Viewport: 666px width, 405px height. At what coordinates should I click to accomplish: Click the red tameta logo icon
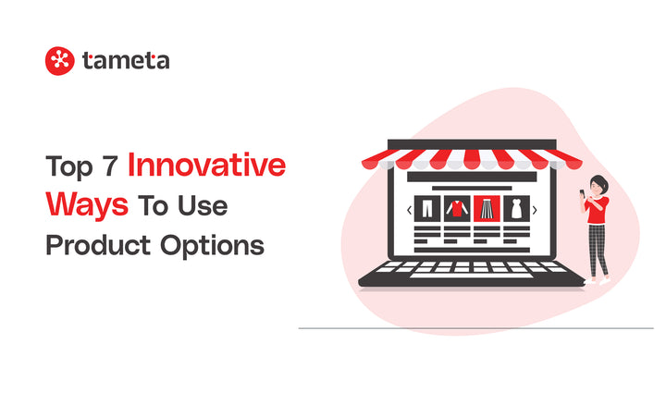tap(59, 61)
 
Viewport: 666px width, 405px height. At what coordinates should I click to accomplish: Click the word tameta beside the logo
tap(125, 61)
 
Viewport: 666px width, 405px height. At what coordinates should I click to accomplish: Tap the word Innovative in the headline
tap(207, 166)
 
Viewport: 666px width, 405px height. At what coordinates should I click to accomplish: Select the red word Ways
tap(87, 206)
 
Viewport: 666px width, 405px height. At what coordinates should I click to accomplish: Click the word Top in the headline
tap(68, 167)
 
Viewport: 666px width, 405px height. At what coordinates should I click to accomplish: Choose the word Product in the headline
tap(97, 247)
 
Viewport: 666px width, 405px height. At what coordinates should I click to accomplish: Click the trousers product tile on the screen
tap(428, 210)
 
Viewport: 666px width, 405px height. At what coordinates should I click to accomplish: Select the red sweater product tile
tap(456, 210)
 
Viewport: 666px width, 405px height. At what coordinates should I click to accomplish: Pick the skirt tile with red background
tap(487, 210)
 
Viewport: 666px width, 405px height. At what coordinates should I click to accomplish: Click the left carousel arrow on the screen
tap(408, 211)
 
